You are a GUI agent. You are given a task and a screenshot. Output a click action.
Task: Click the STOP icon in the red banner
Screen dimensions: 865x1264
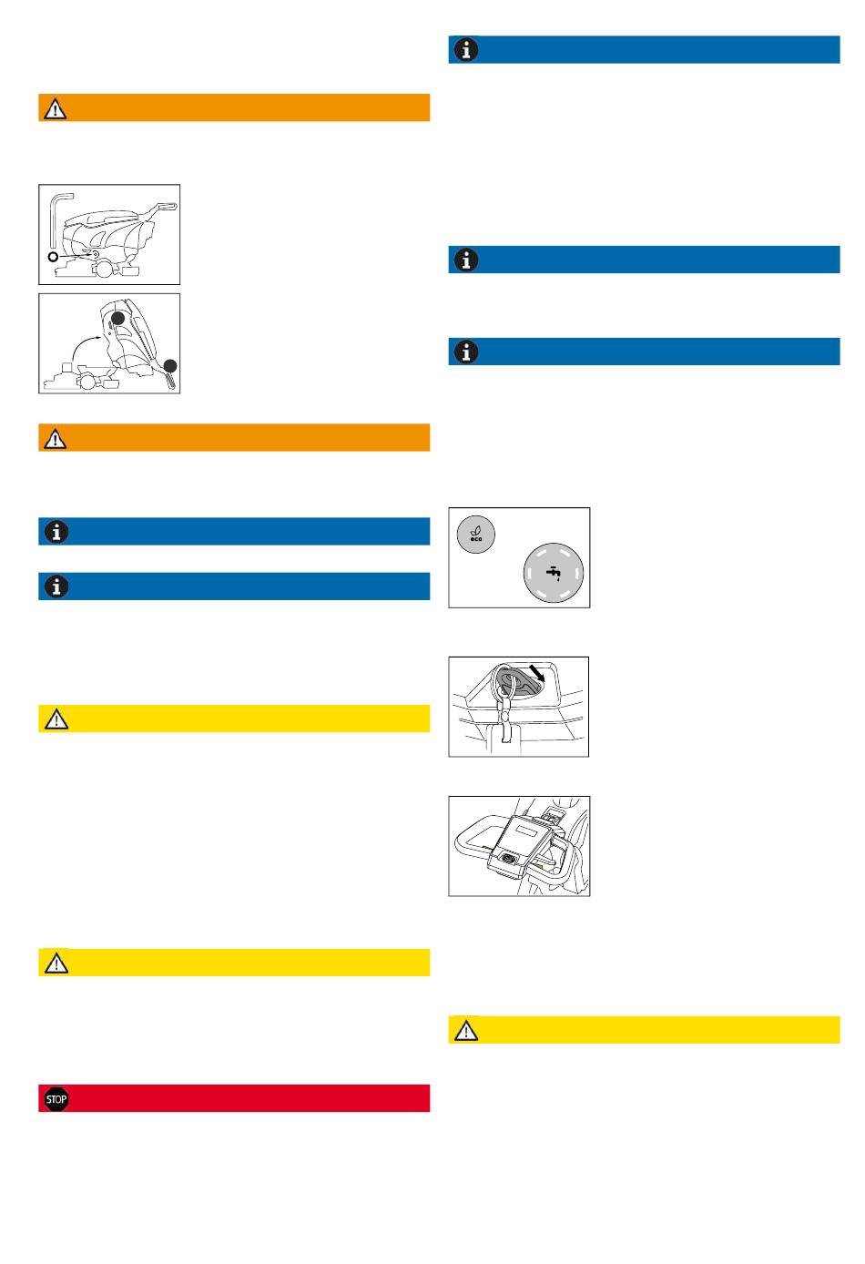pyautogui.click(x=56, y=1099)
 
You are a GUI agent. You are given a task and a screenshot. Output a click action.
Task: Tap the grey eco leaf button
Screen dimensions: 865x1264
pyautogui.click(x=476, y=534)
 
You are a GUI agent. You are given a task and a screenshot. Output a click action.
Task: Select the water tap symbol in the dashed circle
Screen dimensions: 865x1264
pyautogui.click(x=554, y=573)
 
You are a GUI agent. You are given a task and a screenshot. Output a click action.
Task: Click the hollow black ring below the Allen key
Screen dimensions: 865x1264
pyautogui.click(x=54, y=258)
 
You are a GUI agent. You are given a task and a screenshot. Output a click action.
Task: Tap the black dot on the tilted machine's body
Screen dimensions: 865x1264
pyautogui.click(x=117, y=319)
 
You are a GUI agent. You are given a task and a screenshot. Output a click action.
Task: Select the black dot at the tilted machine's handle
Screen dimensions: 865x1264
pyautogui.click(x=170, y=366)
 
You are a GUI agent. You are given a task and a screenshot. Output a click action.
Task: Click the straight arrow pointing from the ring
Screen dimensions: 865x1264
pyautogui.click(x=76, y=256)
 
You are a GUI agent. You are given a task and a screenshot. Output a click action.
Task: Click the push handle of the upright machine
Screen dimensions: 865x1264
pyautogui.click(x=166, y=207)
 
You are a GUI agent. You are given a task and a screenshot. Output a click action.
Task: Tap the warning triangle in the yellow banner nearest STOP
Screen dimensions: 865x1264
pyautogui.click(x=56, y=963)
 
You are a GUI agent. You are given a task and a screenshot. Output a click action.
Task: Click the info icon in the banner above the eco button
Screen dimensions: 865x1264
pyautogui.click(x=466, y=352)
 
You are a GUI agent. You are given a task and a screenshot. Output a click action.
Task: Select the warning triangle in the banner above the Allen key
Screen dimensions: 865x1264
pyautogui.click(x=56, y=108)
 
